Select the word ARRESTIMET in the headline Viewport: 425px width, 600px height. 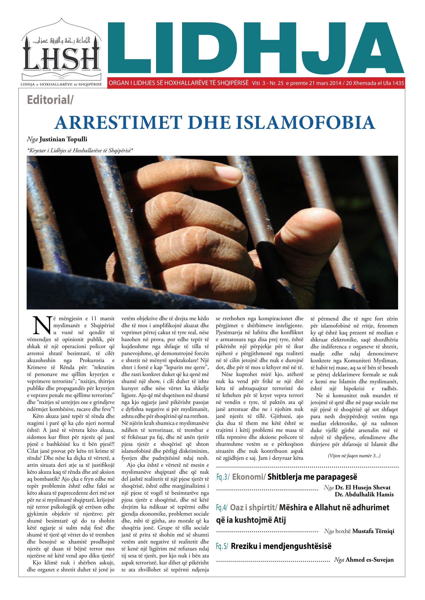tap(118, 123)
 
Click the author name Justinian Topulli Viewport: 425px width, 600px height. tap(63, 139)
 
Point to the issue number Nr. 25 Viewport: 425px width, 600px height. tap(276, 83)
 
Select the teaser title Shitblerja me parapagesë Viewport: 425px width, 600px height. tap(312, 477)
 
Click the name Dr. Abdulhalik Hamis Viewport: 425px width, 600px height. tap(364, 494)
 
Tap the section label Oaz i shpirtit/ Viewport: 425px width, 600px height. tap(253, 508)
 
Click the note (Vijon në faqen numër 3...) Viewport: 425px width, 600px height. tap(354, 456)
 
